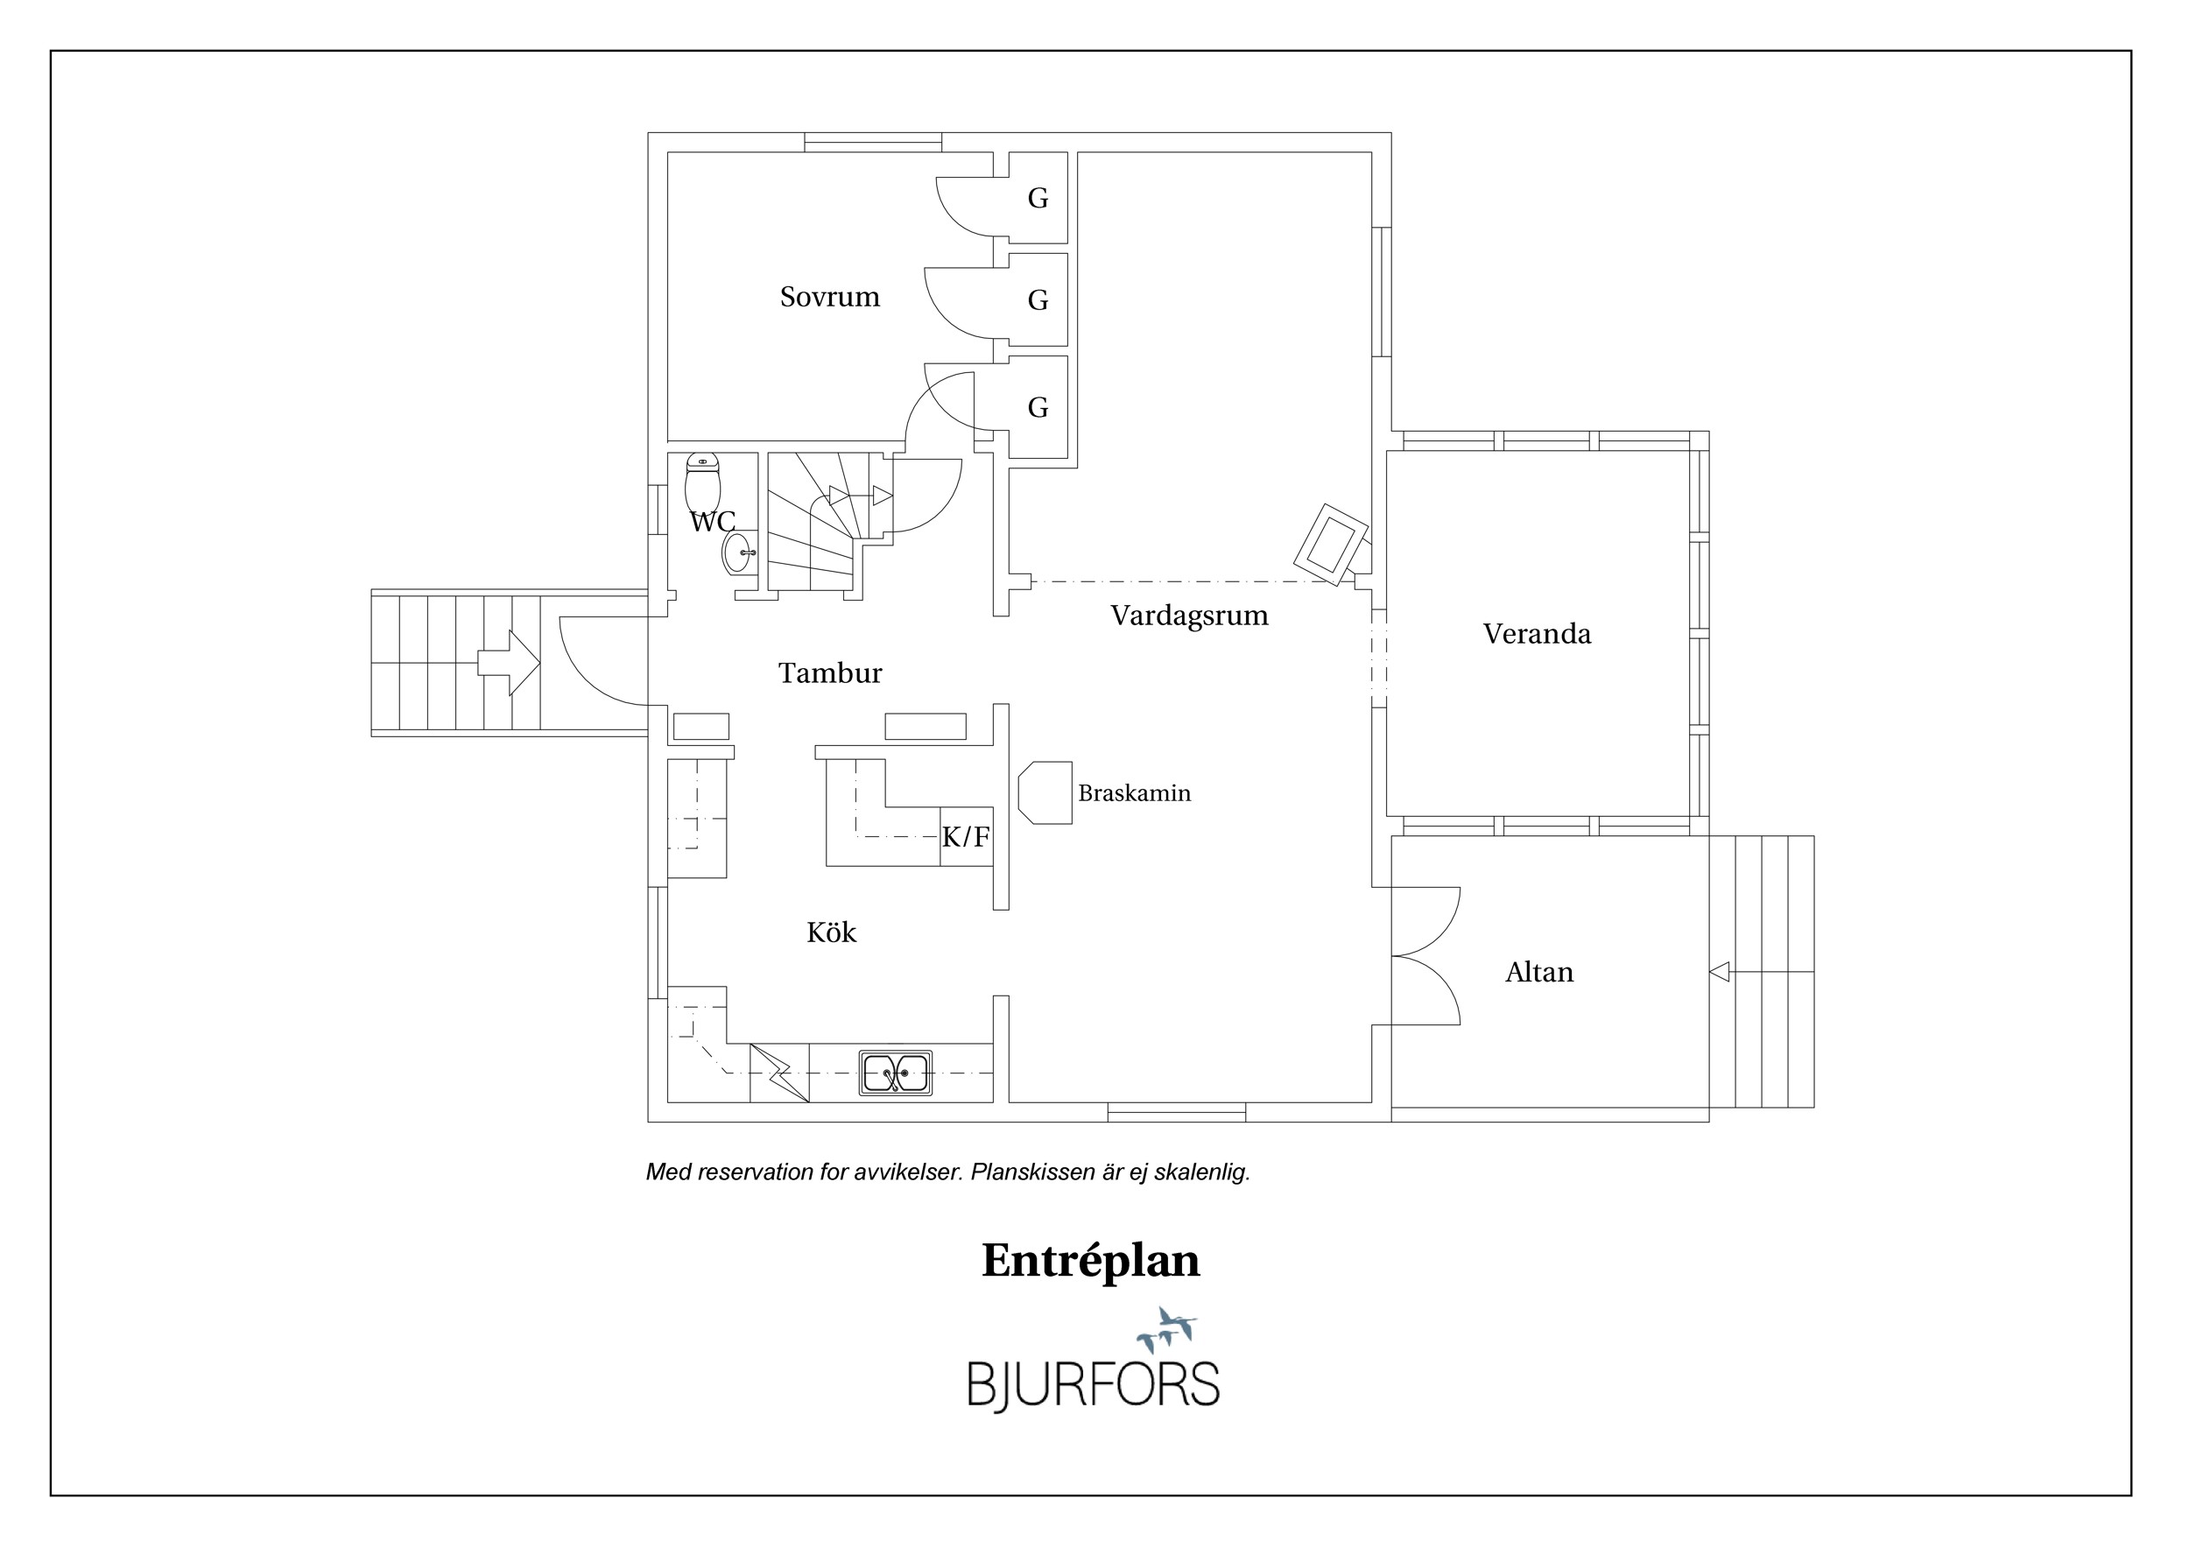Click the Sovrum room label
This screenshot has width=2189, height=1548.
pyautogui.click(x=829, y=297)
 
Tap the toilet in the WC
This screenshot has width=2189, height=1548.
pyautogui.click(x=702, y=483)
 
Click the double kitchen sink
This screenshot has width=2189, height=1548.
pyautogui.click(x=895, y=1073)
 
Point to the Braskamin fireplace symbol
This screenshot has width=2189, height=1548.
pyautogui.click(x=1045, y=792)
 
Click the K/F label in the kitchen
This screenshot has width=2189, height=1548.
pyautogui.click(x=966, y=837)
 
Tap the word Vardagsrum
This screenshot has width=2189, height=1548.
pyautogui.click(x=1189, y=616)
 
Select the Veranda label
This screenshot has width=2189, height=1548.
pyautogui.click(x=1537, y=634)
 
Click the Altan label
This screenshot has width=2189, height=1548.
pyautogui.click(x=1538, y=972)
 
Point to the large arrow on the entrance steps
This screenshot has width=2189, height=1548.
pyautogui.click(x=509, y=663)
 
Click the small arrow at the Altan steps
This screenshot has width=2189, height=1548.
pyautogui.click(x=1719, y=972)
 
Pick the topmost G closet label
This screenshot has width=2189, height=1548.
pyautogui.click(x=1038, y=198)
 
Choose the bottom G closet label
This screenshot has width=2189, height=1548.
pyautogui.click(x=1038, y=408)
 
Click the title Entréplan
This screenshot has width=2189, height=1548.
pyautogui.click(x=1091, y=1260)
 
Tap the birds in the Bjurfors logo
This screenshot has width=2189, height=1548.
pyautogui.click(x=1166, y=1329)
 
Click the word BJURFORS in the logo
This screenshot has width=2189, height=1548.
pyautogui.click(x=1094, y=1385)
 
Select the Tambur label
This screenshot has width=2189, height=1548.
pyautogui.click(x=830, y=674)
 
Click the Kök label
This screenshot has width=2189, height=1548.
pyautogui.click(x=831, y=932)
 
